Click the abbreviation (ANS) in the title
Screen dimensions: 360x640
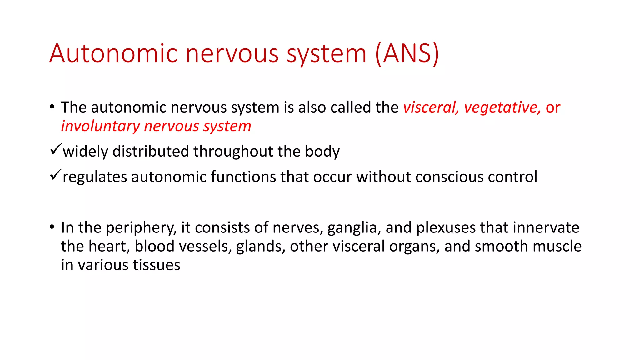[407, 54]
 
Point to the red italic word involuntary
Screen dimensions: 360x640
[100, 126]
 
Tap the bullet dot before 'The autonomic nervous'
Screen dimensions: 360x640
[52, 107]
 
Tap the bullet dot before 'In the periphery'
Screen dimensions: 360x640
[52, 227]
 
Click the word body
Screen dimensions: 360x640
[322, 152]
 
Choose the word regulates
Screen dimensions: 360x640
[95, 177]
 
